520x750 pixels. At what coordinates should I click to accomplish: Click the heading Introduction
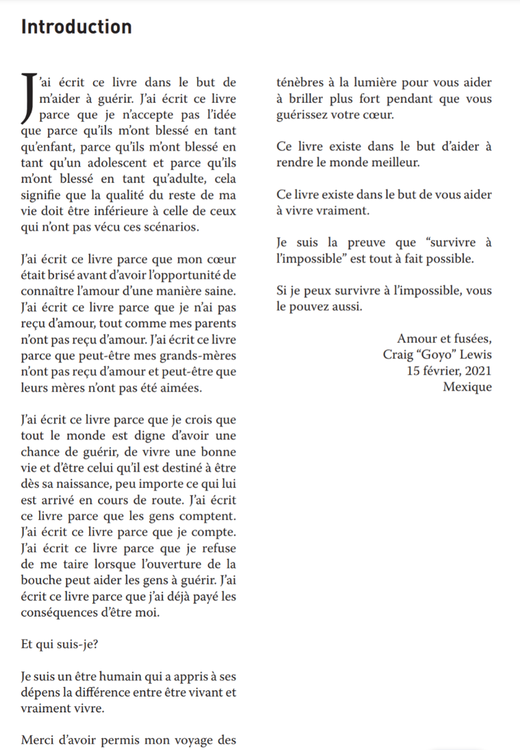pos(76,27)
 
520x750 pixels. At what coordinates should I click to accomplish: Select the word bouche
pos(42,580)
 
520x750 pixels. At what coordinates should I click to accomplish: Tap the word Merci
pos(38,741)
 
